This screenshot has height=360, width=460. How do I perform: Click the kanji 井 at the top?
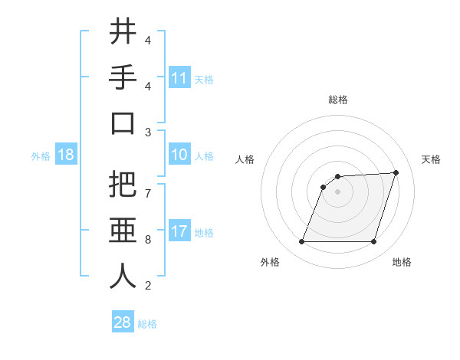[x=122, y=32]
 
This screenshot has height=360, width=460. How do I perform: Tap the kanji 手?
[x=122, y=78]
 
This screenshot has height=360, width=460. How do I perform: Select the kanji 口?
[x=122, y=124]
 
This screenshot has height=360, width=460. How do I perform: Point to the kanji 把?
[x=122, y=185]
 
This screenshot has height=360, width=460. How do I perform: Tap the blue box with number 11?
[x=179, y=77]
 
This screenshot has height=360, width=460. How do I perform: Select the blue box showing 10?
[x=179, y=155]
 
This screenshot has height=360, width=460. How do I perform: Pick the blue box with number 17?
[x=179, y=231]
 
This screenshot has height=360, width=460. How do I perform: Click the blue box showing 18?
[x=66, y=155]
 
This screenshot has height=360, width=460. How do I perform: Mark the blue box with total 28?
[x=123, y=322]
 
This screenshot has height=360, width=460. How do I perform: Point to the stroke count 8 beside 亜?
[x=148, y=240]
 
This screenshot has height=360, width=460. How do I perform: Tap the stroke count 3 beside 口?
[x=148, y=133]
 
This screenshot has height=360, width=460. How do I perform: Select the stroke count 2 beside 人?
[x=148, y=286]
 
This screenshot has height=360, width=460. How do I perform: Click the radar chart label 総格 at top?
[x=338, y=100]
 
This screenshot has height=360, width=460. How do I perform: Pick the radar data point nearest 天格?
[x=396, y=172]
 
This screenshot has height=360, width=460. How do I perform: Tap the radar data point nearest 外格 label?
[x=302, y=242]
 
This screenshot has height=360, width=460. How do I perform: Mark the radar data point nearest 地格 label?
[x=373, y=242]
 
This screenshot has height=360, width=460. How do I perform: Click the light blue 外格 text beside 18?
[x=41, y=155]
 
